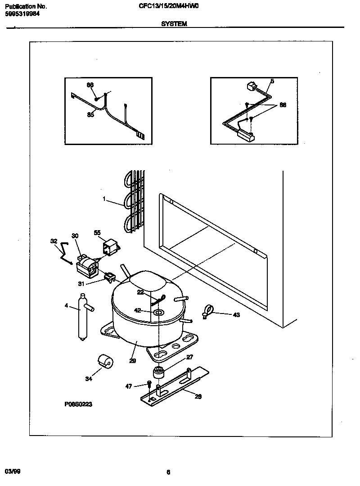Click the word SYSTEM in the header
(x=174, y=24)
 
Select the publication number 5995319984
(x=23, y=14)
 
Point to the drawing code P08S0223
(x=78, y=404)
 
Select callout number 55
(x=97, y=232)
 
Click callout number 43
(x=236, y=315)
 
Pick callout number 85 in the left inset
(x=90, y=114)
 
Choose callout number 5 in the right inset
(x=272, y=81)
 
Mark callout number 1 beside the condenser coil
(x=105, y=199)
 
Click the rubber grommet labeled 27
(x=158, y=372)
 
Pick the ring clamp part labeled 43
(x=208, y=310)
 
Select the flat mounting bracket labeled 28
(x=175, y=385)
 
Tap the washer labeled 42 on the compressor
(x=158, y=312)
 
